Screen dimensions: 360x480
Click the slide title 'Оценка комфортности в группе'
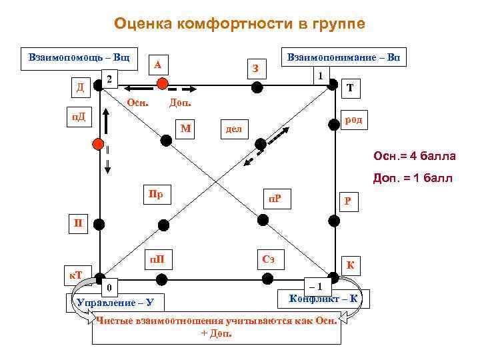[x=239, y=24]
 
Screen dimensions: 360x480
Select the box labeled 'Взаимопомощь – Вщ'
[x=79, y=57]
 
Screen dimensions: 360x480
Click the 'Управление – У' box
[x=115, y=303]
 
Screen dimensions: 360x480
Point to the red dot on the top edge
[x=161, y=83]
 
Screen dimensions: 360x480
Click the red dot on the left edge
[x=99, y=144]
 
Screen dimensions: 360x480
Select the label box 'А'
[x=158, y=65]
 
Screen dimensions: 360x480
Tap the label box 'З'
[x=255, y=68]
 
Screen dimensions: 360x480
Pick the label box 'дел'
[x=234, y=128]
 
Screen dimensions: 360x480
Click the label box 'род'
[x=353, y=120]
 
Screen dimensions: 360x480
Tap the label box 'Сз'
[x=269, y=259]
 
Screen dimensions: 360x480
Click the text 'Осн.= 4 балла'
[x=415, y=156]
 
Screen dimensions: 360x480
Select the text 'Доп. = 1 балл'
[x=415, y=178]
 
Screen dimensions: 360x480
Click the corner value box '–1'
[x=315, y=286]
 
